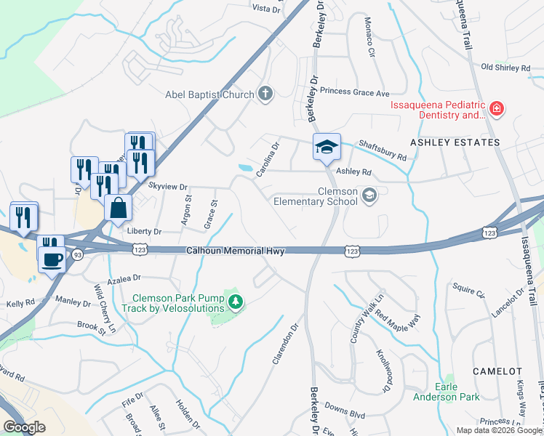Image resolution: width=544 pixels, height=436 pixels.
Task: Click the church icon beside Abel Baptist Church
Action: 265,94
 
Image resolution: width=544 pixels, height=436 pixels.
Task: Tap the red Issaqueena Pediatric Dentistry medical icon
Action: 497,109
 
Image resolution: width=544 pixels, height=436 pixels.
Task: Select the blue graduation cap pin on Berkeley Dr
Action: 327,148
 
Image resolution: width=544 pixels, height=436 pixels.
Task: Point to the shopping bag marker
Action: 117,209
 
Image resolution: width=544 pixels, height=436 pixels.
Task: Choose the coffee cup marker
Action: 51,259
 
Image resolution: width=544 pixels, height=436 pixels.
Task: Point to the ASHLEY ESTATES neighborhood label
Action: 455,142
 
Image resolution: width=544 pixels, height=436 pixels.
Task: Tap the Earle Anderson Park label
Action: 457,392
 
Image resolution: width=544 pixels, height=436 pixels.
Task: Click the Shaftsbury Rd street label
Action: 382,148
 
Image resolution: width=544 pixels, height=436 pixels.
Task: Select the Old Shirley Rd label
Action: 506,68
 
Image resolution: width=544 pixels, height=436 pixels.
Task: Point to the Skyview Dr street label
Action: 168,186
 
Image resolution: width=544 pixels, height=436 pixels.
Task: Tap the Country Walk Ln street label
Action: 356,324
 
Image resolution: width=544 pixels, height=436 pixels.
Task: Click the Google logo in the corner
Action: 24,427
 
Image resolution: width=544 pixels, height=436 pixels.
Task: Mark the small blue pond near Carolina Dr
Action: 246,168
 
